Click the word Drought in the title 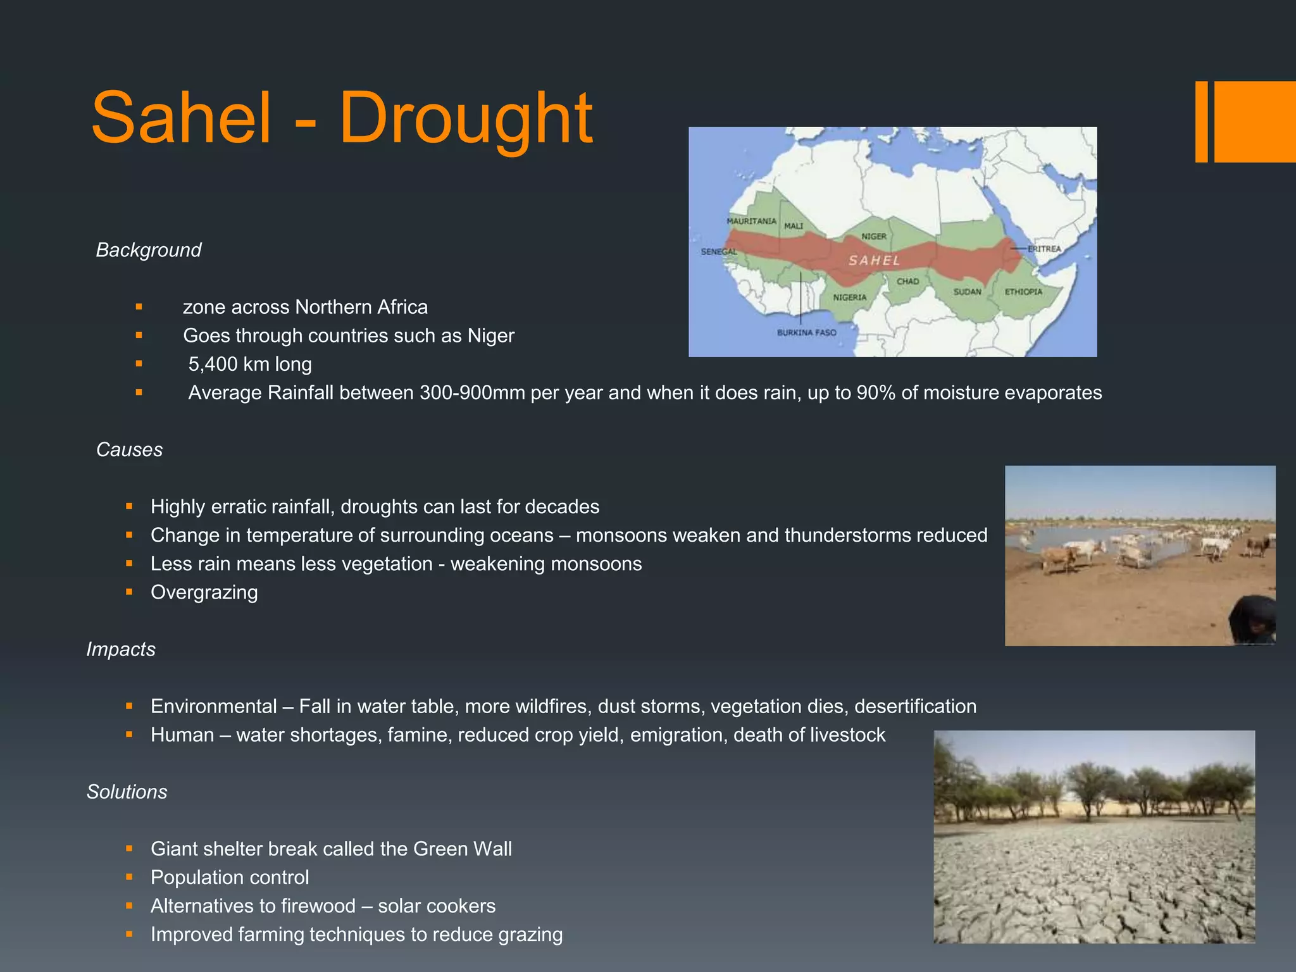(x=466, y=119)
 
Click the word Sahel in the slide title (x=182, y=119)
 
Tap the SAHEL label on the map (x=874, y=260)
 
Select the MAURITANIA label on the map (x=751, y=221)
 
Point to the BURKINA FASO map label (x=806, y=332)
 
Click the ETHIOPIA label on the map (x=1023, y=292)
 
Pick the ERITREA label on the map (x=1044, y=249)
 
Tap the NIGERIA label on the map (x=849, y=297)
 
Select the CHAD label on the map (x=907, y=281)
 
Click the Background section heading (x=149, y=250)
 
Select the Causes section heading (x=129, y=449)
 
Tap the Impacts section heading (x=121, y=649)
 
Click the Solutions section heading (x=127, y=792)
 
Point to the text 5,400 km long (x=250, y=364)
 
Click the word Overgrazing (x=204, y=592)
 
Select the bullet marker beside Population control (x=129, y=877)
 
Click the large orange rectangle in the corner (x=1254, y=121)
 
